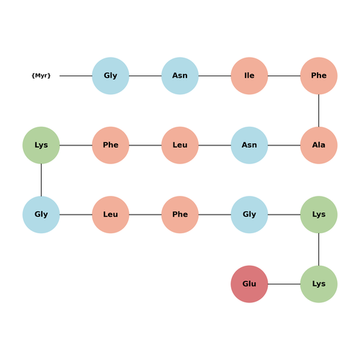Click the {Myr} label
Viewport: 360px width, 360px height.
click(41, 76)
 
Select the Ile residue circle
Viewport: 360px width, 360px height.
click(249, 76)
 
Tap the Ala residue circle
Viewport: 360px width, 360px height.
click(319, 145)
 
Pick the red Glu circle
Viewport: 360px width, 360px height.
click(249, 284)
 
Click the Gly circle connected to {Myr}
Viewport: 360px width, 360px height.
click(111, 76)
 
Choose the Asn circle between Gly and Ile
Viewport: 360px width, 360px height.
click(180, 76)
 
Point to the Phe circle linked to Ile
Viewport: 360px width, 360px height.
click(319, 76)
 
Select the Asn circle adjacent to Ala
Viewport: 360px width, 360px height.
click(249, 145)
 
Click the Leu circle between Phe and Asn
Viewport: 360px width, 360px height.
click(180, 145)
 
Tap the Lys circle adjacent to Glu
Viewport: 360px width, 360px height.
click(319, 284)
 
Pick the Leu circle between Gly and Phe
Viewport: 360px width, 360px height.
click(111, 215)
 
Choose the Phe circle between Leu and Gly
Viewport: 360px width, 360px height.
click(180, 215)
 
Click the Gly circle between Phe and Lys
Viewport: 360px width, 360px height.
click(249, 215)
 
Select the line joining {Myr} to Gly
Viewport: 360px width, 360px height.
click(76, 76)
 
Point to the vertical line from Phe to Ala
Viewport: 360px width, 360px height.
click(319, 110)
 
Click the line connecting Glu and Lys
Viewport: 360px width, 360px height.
click(284, 284)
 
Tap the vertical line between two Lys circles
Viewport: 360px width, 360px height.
click(319, 249)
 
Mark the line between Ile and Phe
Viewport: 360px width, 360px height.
click(284, 76)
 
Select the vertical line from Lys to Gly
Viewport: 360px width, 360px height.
click(41, 180)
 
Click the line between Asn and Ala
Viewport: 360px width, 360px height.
click(284, 145)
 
